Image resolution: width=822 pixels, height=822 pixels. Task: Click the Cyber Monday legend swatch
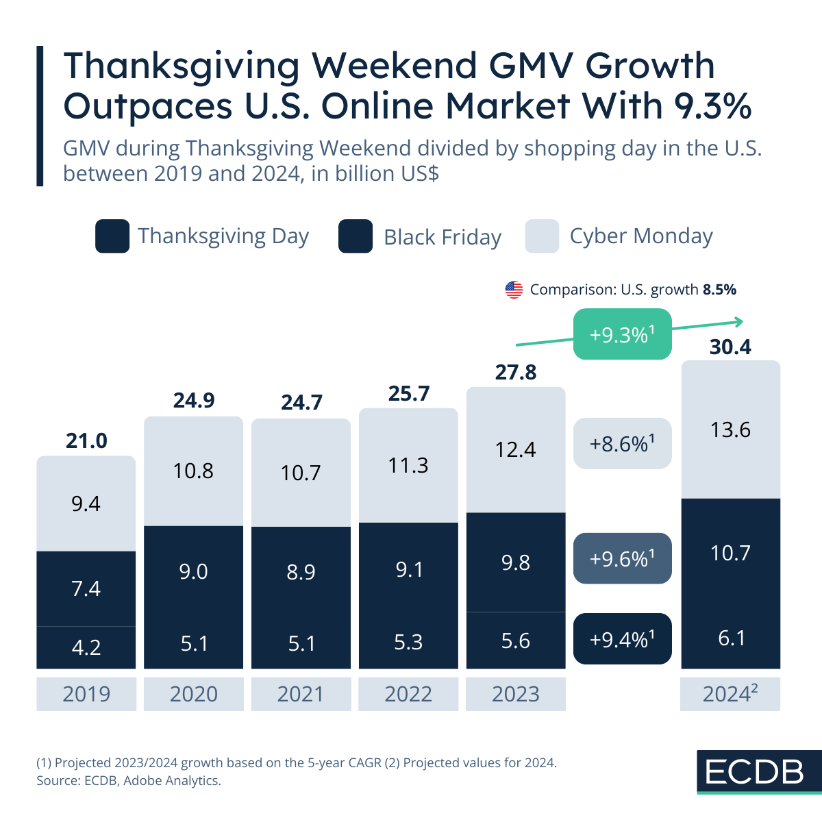click(x=542, y=236)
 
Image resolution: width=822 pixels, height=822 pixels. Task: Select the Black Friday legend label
click(x=443, y=237)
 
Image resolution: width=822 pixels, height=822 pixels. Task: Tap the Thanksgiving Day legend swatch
click(x=112, y=236)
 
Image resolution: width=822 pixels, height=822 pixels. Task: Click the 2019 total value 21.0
click(x=86, y=440)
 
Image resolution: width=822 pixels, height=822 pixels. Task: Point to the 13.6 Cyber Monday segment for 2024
click(x=730, y=430)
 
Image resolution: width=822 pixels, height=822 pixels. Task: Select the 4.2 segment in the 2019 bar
click(x=86, y=647)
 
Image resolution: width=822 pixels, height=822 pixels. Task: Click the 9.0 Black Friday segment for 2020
click(x=193, y=571)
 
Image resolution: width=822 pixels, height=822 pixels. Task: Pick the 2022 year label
click(x=408, y=694)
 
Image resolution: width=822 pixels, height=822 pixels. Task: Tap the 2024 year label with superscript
click(x=730, y=694)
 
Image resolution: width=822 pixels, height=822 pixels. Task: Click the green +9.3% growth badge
click(x=622, y=334)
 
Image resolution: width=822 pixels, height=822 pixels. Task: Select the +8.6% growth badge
click(x=622, y=444)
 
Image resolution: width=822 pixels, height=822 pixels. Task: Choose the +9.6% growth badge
click(x=622, y=559)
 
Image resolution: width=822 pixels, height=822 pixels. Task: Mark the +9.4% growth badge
click(x=622, y=639)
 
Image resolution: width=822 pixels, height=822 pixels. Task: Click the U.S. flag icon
click(x=514, y=290)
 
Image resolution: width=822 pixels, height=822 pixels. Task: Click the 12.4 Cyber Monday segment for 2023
click(x=516, y=449)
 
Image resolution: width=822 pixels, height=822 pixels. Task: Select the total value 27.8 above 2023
click(x=516, y=372)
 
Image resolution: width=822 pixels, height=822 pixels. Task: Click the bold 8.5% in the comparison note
click(x=719, y=290)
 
